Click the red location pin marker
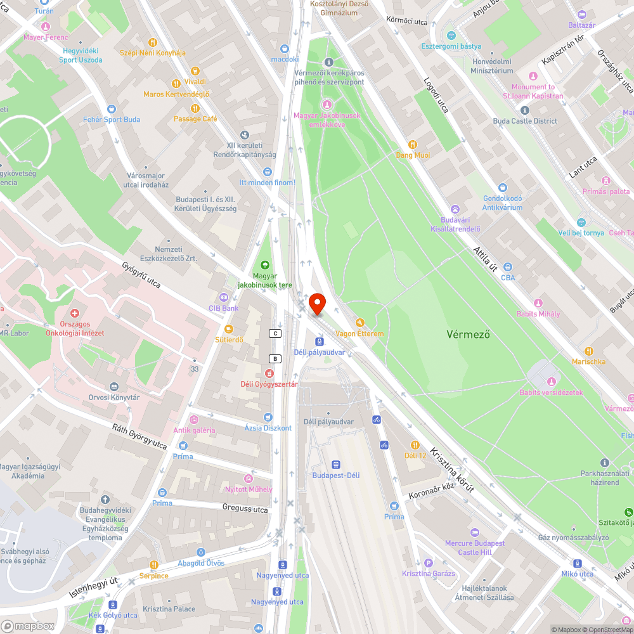click(317, 304)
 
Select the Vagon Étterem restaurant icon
click(360, 322)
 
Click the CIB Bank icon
click(223, 297)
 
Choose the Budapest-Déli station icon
click(335, 464)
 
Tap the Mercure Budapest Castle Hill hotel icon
click(475, 532)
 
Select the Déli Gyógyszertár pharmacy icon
click(269, 373)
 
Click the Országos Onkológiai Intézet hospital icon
click(75, 313)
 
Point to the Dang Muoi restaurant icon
click(413, 145)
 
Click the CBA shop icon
click(508, 267)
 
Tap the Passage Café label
click(195, 119)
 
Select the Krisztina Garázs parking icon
click(428, 563)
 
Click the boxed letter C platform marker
click(275, 333)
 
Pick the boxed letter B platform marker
click(275, 358)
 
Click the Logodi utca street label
click(436, 94)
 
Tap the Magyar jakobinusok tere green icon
click(264, 265)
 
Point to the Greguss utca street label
click(245, 508)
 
